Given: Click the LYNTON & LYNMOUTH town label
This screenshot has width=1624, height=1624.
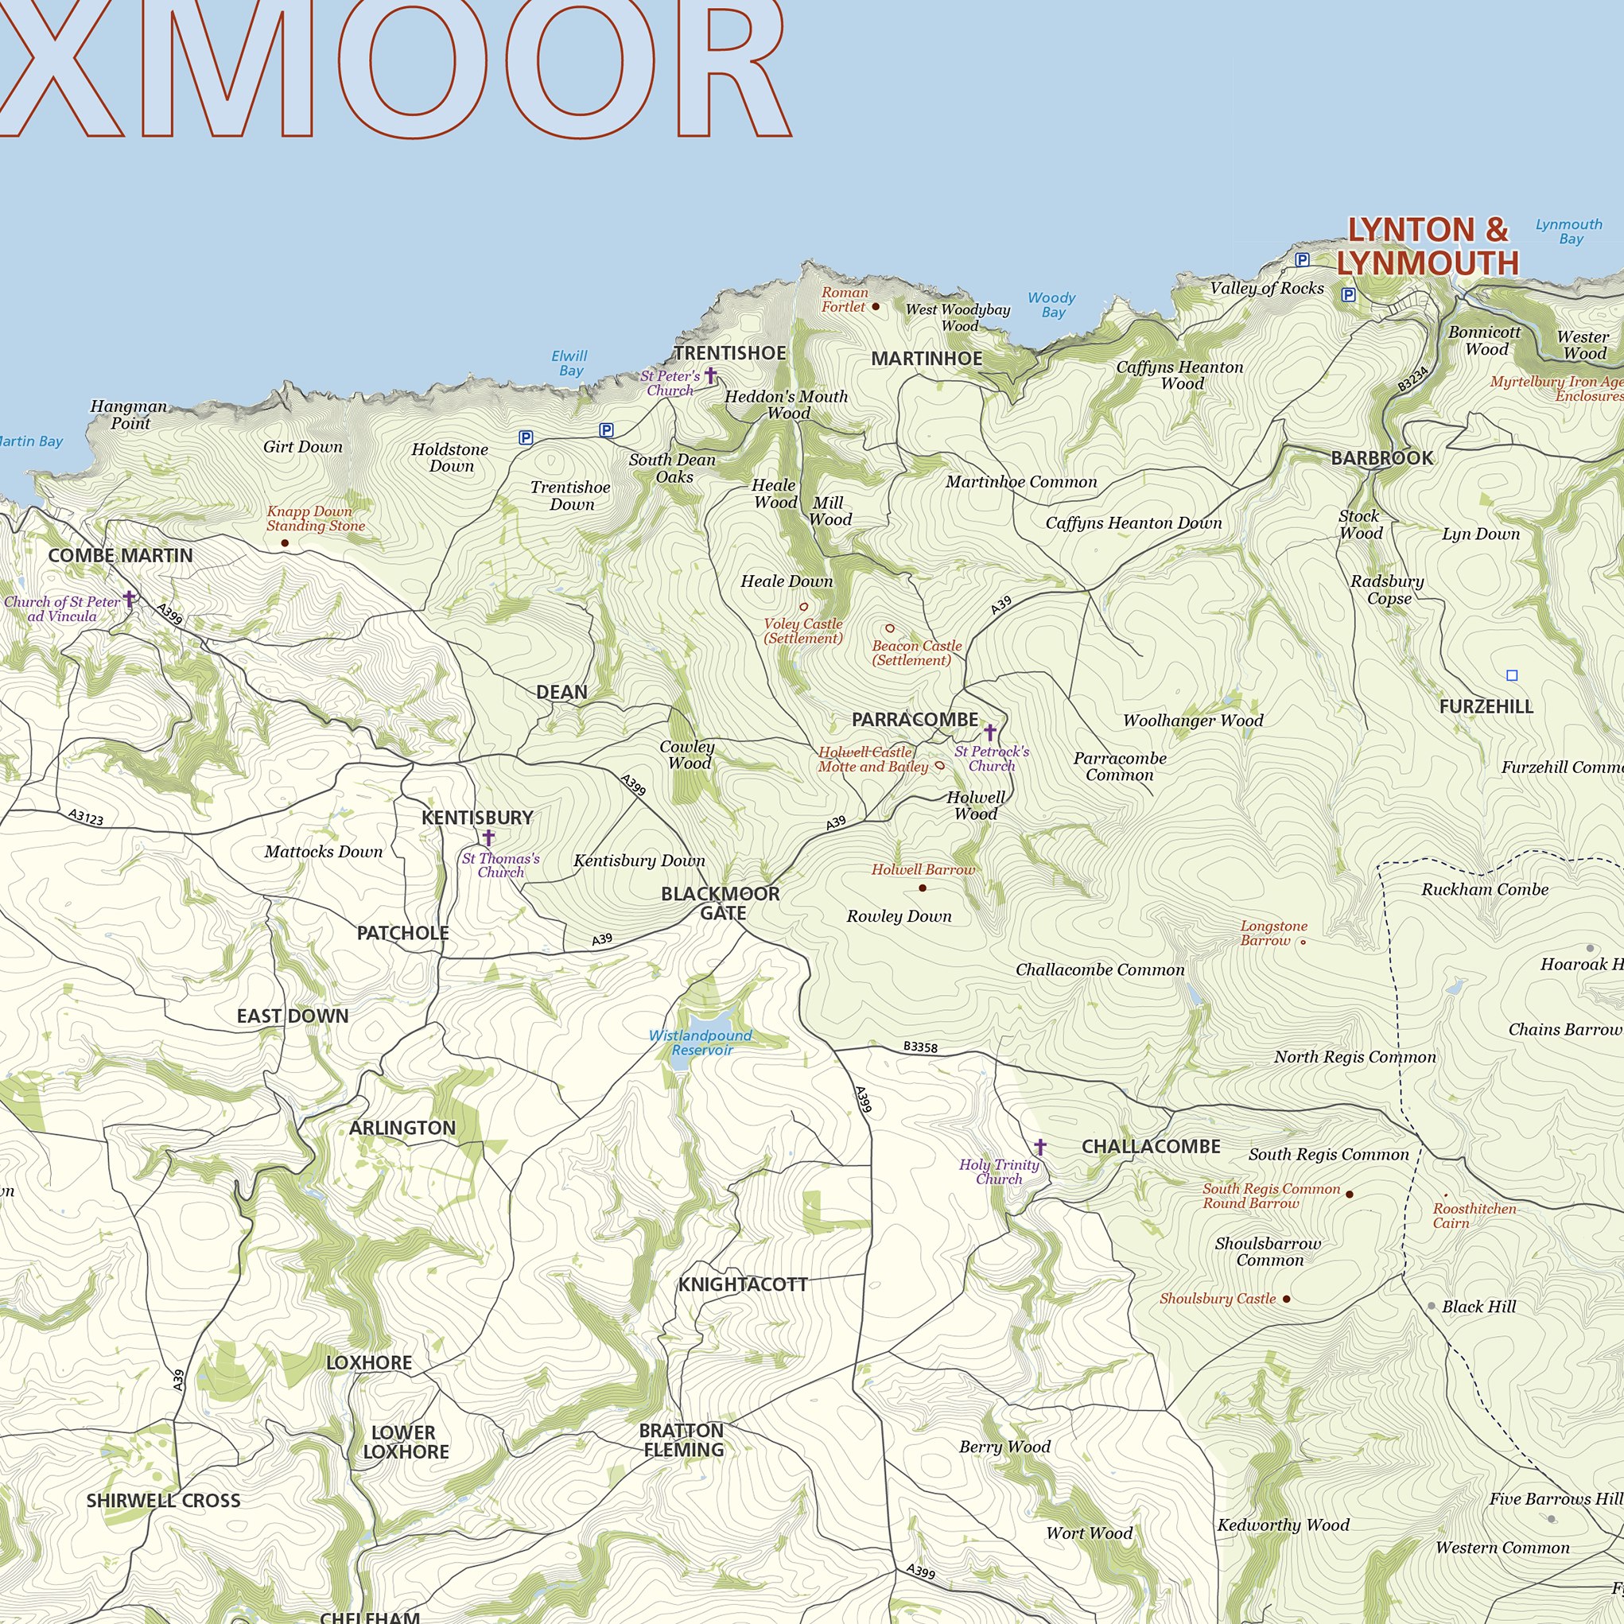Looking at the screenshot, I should tap(1428, 247).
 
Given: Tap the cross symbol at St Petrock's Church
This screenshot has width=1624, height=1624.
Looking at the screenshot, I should tap(990, 732).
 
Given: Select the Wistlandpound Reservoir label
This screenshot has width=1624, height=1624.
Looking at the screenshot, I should tap(700, 1043).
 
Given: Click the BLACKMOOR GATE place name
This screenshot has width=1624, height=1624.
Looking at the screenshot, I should tap(721, 903).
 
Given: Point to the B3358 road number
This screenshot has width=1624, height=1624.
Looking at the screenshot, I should tap(920, 1047).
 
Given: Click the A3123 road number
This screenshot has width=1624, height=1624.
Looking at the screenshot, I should tap(86, 816).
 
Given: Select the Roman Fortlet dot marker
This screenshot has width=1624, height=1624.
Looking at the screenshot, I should tap(875, 307).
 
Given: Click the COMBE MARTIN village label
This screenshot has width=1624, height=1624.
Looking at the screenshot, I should tap(120, 556).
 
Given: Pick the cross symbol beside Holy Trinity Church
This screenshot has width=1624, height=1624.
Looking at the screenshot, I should tap(1039, 1147).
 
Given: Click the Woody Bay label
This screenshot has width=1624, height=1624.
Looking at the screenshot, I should tap(1051, 305).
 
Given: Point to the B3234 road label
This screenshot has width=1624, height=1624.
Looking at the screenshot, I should tap(1413, 379).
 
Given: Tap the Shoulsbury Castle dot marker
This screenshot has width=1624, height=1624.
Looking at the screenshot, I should tap(1286, 1299).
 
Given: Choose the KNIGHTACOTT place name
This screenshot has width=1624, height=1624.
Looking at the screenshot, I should tap(743, 1284).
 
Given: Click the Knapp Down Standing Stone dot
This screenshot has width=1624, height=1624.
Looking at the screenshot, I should tap(285, 543).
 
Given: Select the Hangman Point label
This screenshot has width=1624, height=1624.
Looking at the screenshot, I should tap(129, 414).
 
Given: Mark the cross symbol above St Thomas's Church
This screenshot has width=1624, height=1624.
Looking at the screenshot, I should tap(488, 837).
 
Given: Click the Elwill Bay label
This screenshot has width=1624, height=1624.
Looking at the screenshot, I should tap(570, 363).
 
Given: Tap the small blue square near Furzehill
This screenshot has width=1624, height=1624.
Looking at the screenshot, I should tap(1512, 675).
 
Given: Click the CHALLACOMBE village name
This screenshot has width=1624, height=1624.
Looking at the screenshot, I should tap(1151, 1147).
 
